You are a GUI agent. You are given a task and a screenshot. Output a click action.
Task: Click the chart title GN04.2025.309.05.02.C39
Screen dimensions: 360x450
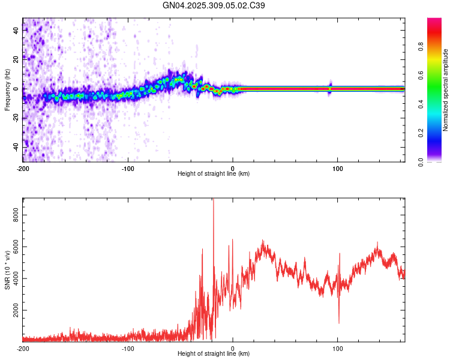coord(214,5)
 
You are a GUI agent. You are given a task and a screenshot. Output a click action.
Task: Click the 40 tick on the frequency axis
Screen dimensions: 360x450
coord(16,31)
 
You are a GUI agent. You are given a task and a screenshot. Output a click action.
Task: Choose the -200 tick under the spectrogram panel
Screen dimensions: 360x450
coord(23,167)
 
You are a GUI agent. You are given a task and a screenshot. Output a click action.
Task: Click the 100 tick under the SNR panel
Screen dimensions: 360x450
coord(338,347)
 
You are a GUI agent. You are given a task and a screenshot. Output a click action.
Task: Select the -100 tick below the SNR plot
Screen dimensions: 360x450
coord(128,347)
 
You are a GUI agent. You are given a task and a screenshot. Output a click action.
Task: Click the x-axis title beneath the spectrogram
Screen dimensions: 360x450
coord(214,174)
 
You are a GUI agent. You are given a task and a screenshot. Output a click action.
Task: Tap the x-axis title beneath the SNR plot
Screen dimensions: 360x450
coord(214,354)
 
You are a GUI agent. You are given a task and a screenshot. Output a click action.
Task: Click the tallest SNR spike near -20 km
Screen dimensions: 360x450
coord(213,201)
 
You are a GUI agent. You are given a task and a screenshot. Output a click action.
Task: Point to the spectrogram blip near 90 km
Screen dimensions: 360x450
coord(329,88)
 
